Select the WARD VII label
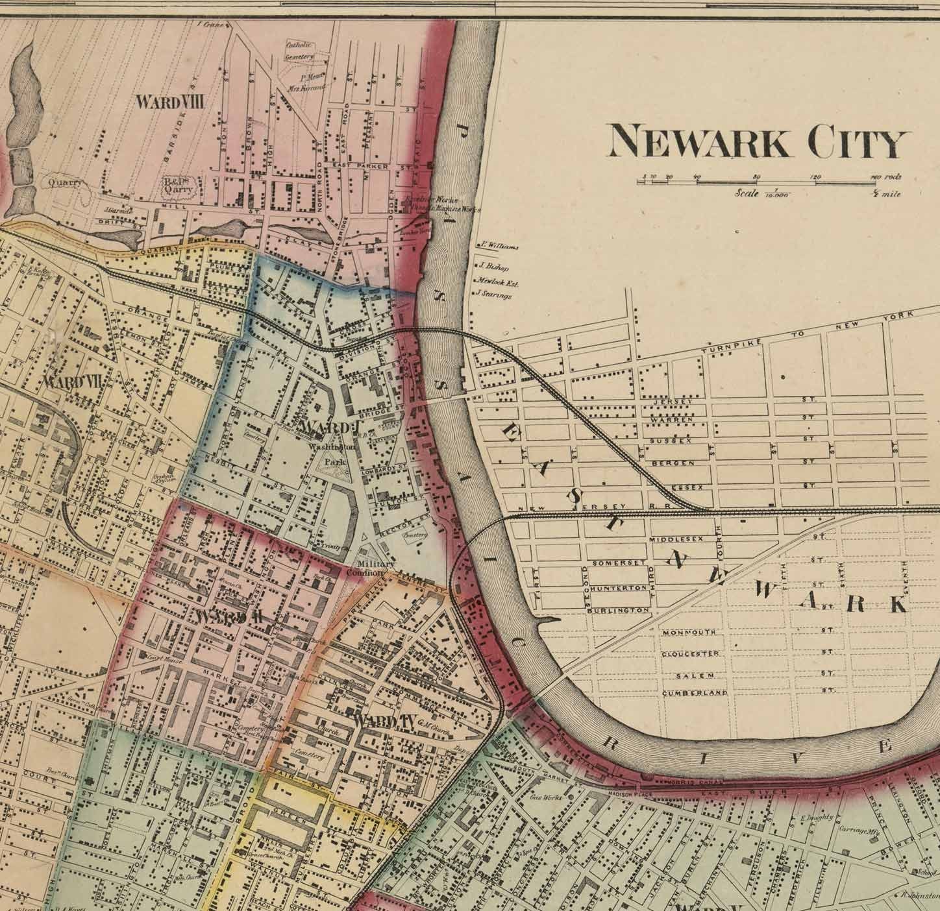point(73,382)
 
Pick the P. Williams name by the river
point(499,247)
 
